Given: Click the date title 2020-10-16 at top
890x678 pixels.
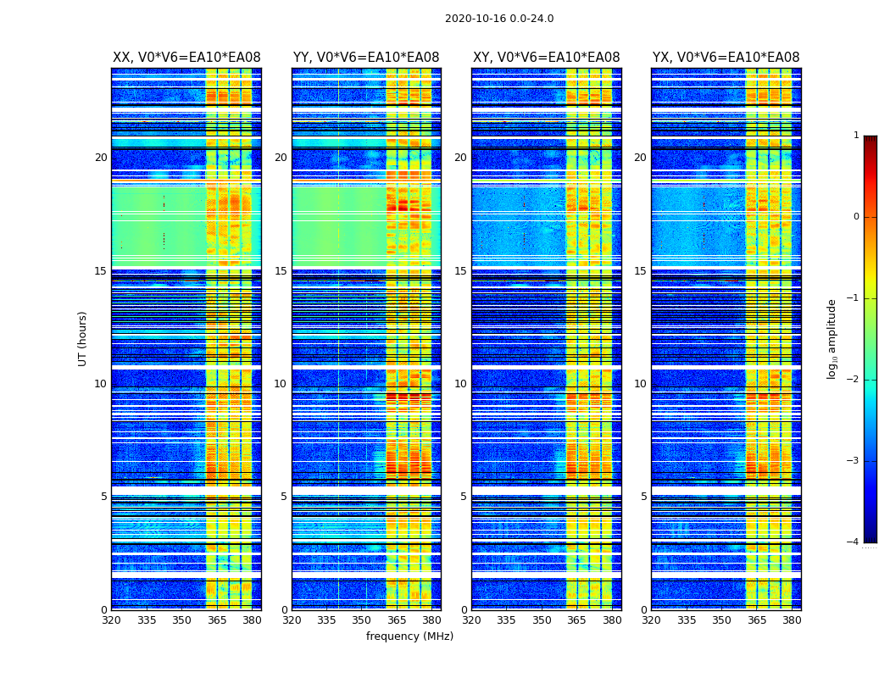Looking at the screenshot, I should tap(499, 19).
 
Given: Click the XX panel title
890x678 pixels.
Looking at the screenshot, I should tap(186, 58).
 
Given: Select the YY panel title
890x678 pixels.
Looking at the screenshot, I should tap(366, 58).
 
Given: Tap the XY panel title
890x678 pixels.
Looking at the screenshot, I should tap(547, 58).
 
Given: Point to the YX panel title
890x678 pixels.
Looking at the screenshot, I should tap(726, 58).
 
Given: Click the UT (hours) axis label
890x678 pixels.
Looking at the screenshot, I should tap(83, 338).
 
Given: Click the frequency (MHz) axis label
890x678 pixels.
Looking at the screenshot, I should tap(409, 636).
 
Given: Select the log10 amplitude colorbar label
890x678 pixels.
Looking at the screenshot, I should tap(832, 338).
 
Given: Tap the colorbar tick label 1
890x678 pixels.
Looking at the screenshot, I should tap(856, 136).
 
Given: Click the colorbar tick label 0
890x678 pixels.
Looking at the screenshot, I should tap(856, 217).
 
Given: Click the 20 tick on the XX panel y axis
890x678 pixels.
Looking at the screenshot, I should tap(101, 158).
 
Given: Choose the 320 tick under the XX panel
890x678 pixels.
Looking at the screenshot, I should tap(111, 620).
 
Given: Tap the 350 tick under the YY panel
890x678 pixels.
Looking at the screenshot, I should tap(362, 620).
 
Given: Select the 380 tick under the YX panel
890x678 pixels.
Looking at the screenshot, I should tap(792, 620).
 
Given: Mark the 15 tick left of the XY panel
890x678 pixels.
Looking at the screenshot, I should tap(460, 271).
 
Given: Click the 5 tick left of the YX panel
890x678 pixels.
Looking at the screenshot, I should tap(643, 497).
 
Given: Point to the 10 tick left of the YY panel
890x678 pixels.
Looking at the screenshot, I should tap(281, 384).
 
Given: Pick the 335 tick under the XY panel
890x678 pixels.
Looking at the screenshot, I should tap(507, 620).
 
